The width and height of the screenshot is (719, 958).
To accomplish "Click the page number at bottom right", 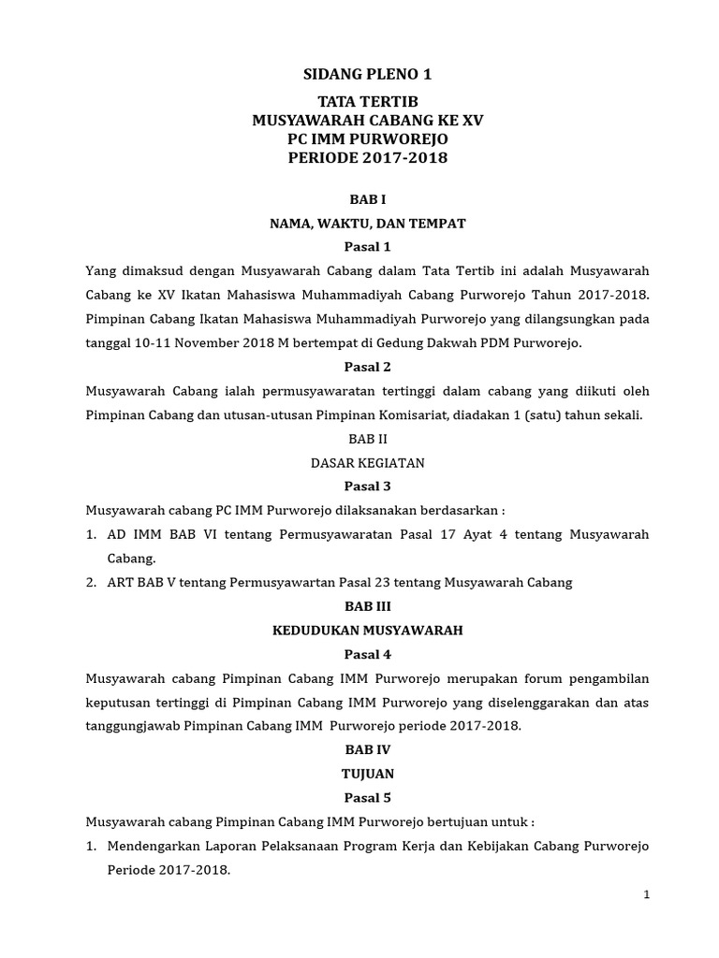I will (646, 895).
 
